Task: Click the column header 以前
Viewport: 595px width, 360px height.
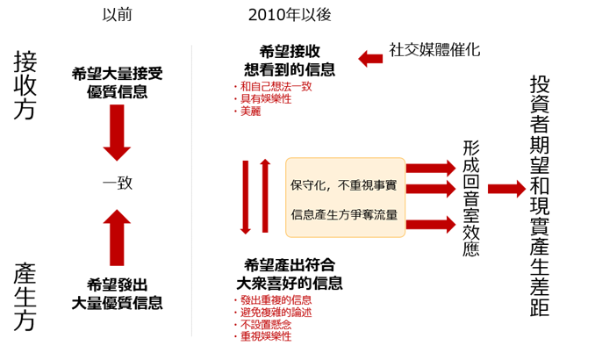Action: [117, 15]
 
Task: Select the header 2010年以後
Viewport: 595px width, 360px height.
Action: [290, 15]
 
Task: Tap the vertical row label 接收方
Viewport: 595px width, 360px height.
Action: [25, 85]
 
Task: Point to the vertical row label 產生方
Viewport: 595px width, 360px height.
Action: [25, 297]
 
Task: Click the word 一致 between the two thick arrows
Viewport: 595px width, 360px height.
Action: [118, 183]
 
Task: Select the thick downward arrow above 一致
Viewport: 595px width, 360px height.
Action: [117, 133]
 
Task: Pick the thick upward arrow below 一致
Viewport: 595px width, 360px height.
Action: [117, 237]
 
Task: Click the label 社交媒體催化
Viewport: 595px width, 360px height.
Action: [434, 50]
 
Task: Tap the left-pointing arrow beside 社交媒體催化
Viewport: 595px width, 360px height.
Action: [370, 59]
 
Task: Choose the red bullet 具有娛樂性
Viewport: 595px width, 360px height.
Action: [262, 98]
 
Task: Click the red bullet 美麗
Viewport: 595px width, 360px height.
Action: [247, 112]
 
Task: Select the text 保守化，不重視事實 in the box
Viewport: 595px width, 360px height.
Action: [343, 185]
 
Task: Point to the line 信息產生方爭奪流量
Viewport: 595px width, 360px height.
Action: [344, 214]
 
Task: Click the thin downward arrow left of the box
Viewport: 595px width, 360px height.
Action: [246, 197]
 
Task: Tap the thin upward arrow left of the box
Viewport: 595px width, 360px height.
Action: [265, 196]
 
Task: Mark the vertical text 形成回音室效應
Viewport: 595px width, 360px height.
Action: [471, 198]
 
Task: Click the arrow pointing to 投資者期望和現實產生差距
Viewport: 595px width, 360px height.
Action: [506, 189]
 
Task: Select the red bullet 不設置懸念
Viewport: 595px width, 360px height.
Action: [262, 324]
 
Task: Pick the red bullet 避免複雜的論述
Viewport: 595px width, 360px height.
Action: [273, 313]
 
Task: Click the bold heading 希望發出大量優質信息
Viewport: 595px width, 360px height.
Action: [118, 294]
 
